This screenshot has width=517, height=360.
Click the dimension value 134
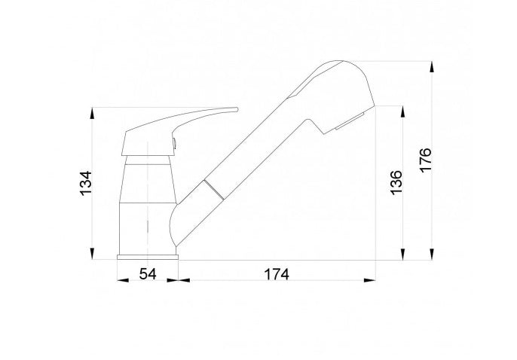click(x=86, y=183)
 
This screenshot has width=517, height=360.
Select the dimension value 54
click(x=148, y=273)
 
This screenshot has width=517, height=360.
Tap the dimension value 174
click(x=277, y=274)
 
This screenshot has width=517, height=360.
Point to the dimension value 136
click(x=396, y=182)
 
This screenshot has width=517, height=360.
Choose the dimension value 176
click(x=425, y=160)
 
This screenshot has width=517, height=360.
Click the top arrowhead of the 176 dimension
click(x=432, y=67)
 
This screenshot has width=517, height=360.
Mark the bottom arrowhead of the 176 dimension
click(x=432, y=254)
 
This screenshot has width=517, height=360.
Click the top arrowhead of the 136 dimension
click(x=402, y=111)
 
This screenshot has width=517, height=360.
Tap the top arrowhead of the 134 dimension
click(x=92, y=113)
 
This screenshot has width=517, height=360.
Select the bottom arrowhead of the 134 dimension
click(x=92, y=254)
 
